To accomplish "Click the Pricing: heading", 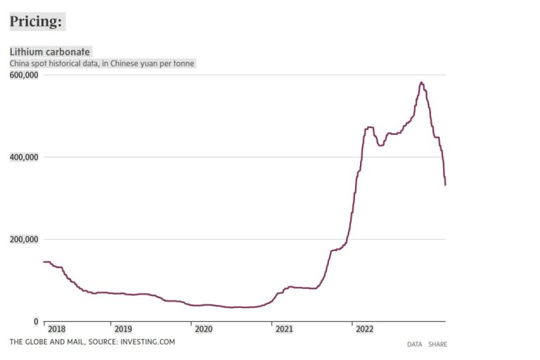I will click(x=36, y=22).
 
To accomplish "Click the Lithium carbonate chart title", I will click(x=49, y=52).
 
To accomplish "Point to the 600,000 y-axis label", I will click(x=24, y=74).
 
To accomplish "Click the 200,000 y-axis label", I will click(x=24, y=239).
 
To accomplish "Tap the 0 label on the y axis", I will click(x=36, y=321).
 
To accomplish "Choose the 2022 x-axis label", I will click(x=364, y=328).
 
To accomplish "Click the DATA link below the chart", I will click(x=414, y=345).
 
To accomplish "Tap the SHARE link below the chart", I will click(x=437, y=345).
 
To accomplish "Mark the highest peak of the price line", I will click(x=421, y=82).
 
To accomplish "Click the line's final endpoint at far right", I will click(x=445, y=184).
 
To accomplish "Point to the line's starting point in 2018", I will click(x=44, y=262).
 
